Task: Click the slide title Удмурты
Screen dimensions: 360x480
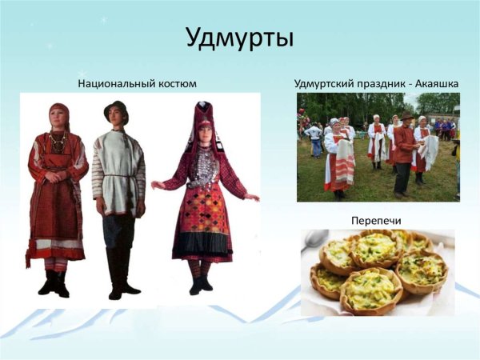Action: click(x=239, y=38)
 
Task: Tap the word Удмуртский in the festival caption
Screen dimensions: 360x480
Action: click(x=325, y=83)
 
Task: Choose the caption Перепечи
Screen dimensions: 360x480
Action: click(x=375, y=218)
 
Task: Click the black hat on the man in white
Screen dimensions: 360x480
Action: click(x=116, y=108)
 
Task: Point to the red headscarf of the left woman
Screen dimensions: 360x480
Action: click(x=58, y=111)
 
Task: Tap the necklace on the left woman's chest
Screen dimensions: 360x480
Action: click(x=58, y=142)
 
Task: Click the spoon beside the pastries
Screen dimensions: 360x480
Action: click(x=314, y=241)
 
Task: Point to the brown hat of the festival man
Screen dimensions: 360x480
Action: click(x=407, y=116)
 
